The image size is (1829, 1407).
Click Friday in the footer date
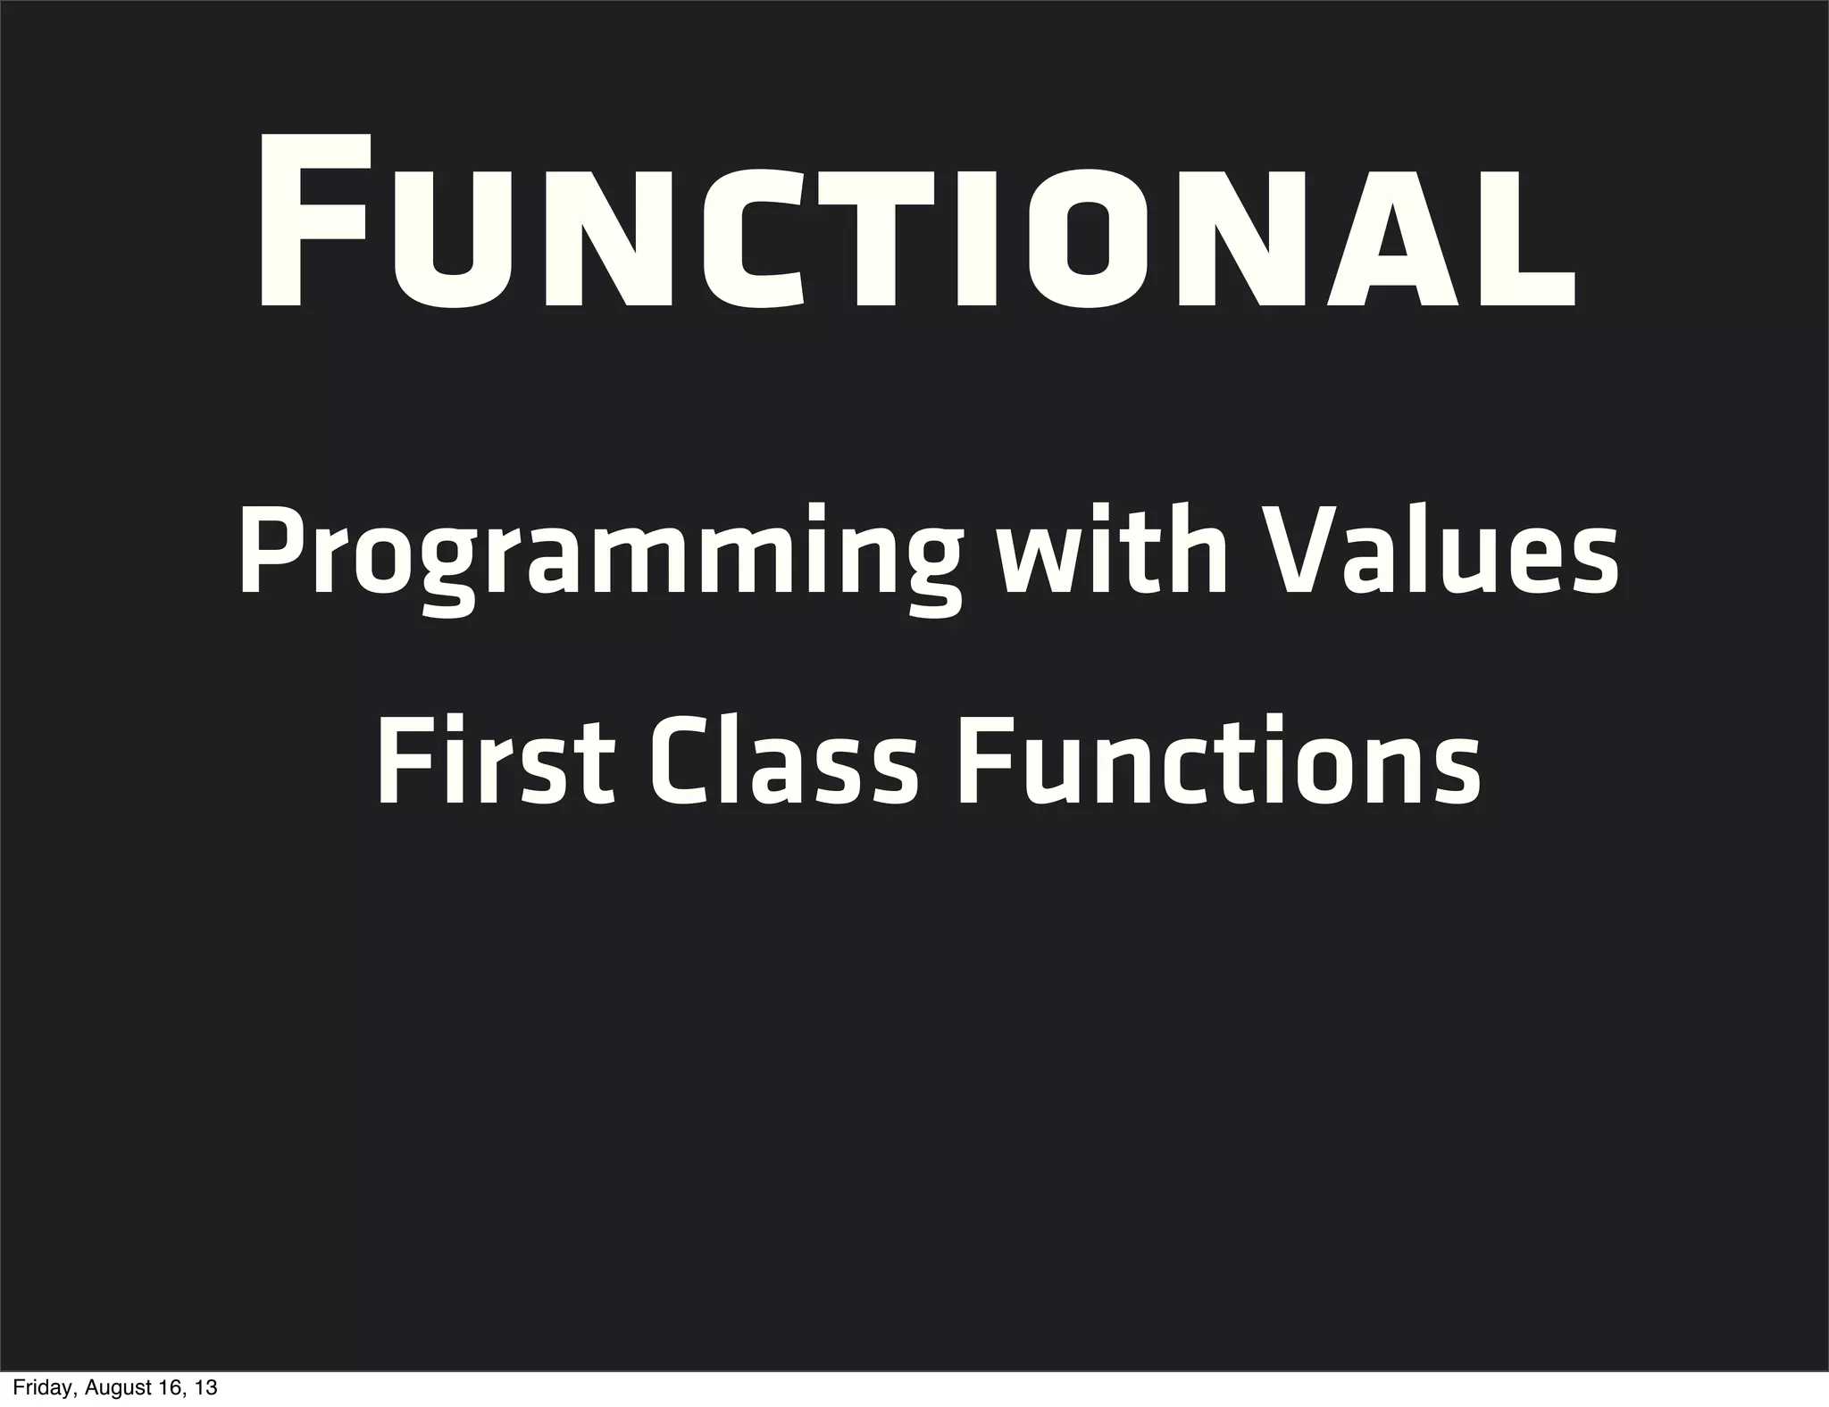[38, 1389]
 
